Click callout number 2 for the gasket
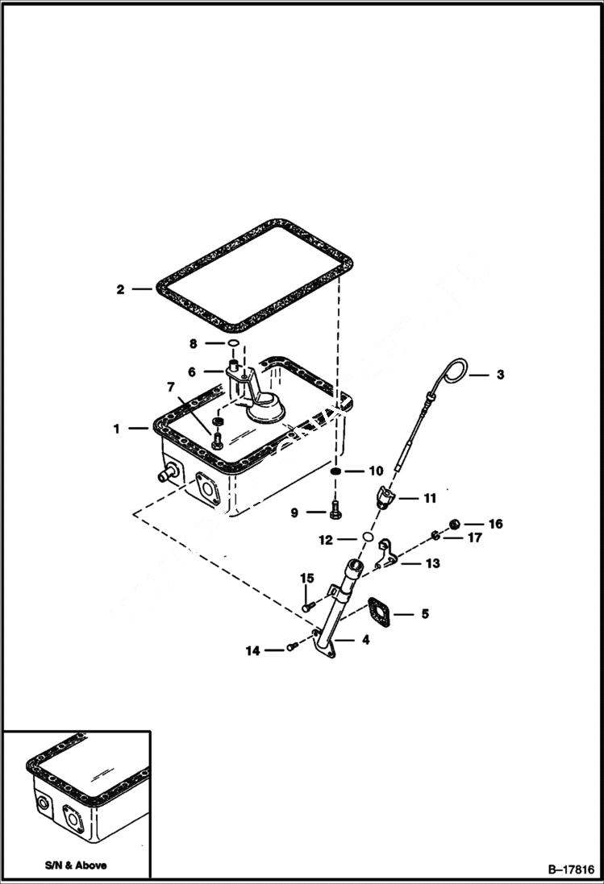click(120, 289)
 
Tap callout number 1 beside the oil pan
click(117, 429)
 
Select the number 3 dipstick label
click(500, 374)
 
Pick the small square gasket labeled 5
click(379, 610)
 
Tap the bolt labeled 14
click(292, 647)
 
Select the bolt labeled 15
click(306, 604)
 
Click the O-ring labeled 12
click(366, 537)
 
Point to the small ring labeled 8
click(232, 344)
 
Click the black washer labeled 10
click(337, 471)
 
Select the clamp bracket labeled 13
click(388, 556)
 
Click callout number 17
click(475, 537)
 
